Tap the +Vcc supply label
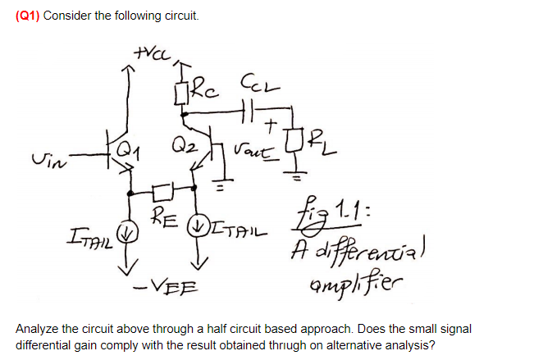(146, 56)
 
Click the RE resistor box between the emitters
(165, 193)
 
